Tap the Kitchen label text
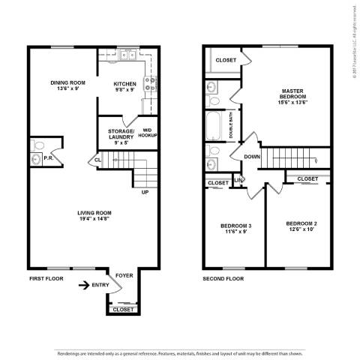[124, 86]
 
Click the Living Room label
[94, 216]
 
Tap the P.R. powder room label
[47, 158]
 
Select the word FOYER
[124, 276]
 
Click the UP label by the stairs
[145, 192]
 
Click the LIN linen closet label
[239, 179]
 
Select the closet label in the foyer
[124, 309]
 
